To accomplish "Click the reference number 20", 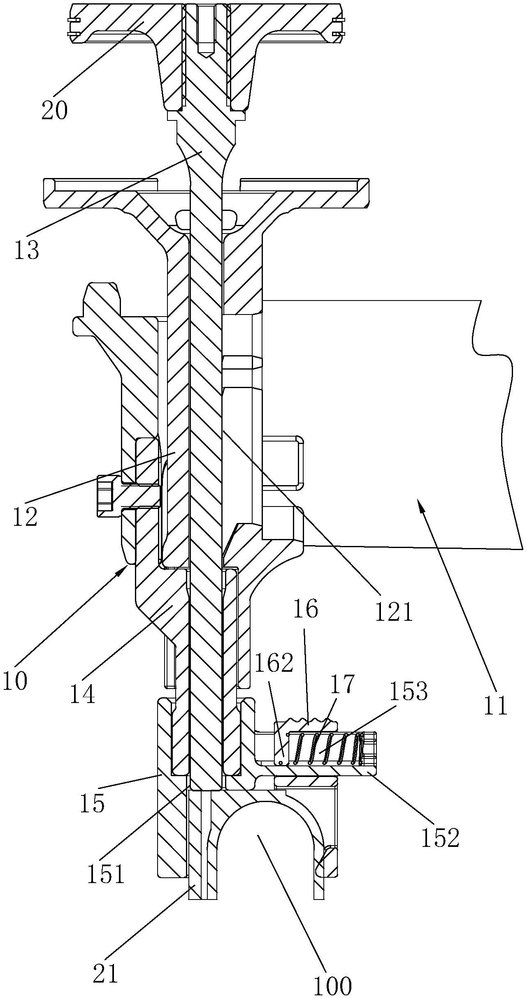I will (x=54, y=111).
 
